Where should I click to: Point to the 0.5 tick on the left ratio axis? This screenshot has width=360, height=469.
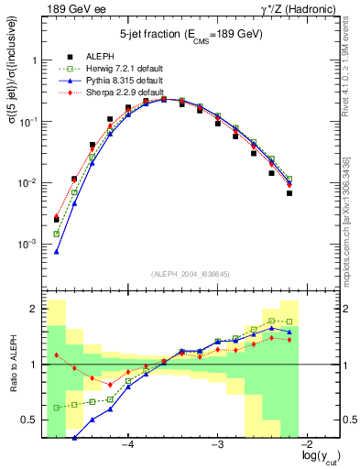click(30, 420)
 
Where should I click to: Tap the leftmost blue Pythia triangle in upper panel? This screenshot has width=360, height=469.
click(57, 251)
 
